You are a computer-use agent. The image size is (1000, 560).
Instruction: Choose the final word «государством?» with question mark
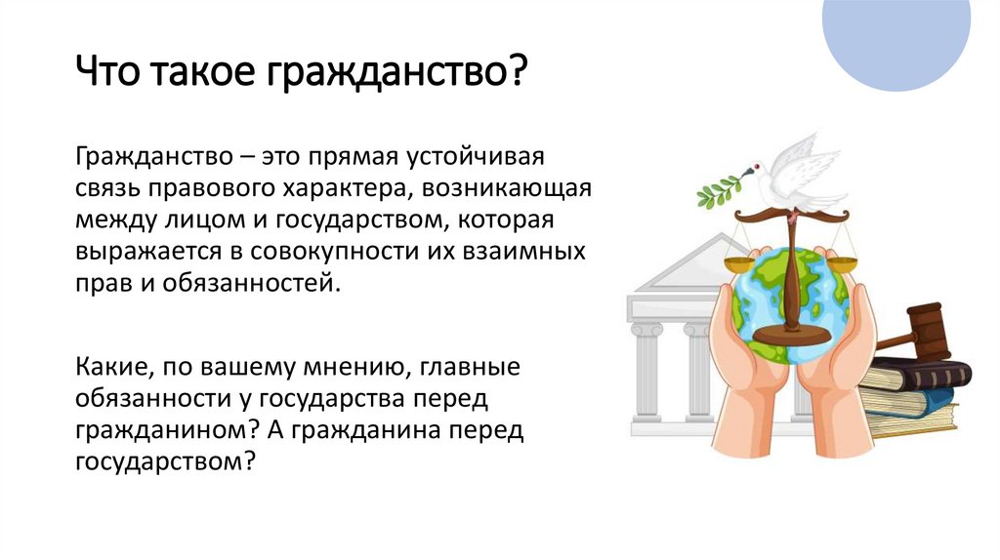click(x=164, y=461)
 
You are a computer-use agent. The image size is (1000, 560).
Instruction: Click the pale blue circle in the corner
click(x=896, y=39)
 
